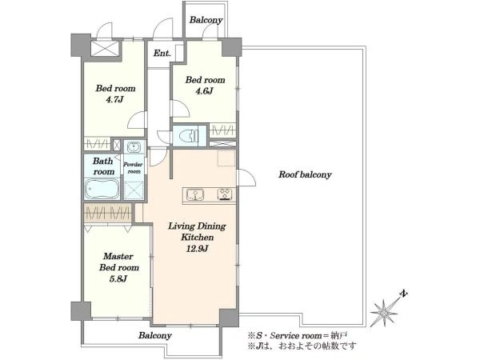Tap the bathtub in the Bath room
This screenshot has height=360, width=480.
point(102,189)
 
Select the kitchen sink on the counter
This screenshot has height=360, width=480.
point(194,194)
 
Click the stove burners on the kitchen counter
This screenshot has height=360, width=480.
point(225,194)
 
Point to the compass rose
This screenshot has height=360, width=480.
point(383,313)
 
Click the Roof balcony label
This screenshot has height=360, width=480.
point(305,174)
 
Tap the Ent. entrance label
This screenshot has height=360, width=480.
point(162,54)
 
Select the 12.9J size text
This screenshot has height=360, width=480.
point(197,249)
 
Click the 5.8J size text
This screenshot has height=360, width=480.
point(118,279)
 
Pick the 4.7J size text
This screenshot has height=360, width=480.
point(114,99)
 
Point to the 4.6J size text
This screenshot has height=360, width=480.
point(204,91)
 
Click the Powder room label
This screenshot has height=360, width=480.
point(133,168)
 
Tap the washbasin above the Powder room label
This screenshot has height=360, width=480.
point(134,146)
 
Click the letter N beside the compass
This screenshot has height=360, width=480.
point(404,294)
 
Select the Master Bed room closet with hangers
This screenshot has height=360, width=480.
point(108,213)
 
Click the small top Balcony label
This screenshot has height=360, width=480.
point(206,20)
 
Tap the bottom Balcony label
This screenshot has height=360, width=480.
point(155,335)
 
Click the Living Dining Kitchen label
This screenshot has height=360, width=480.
point(197,232)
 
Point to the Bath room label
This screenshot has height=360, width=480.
point(103,166)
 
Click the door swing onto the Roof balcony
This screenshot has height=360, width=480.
point(246,177)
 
